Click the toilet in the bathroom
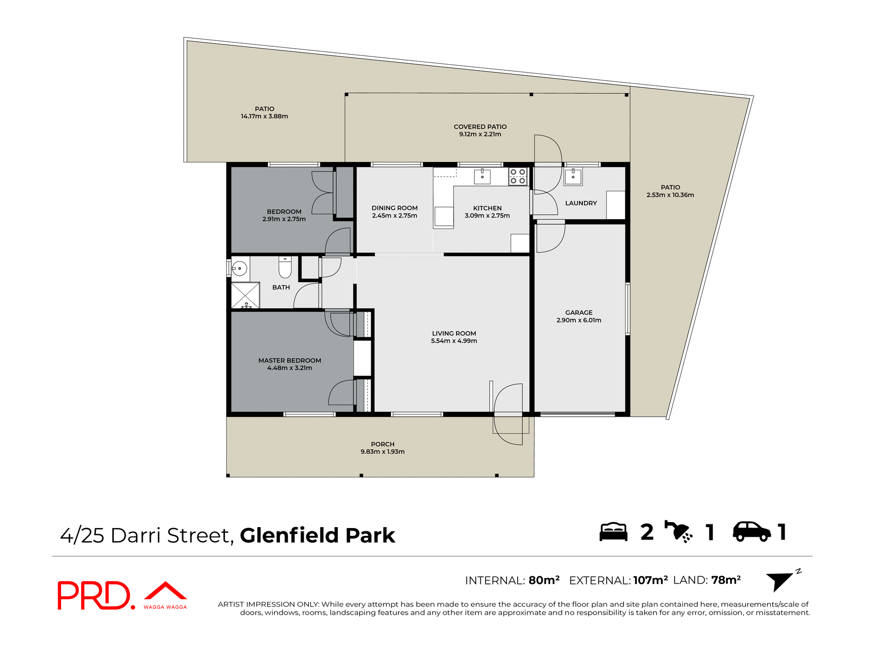click(285, 267)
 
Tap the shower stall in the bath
click(245, 296)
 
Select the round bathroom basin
click(240, 268)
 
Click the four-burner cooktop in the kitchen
click(518, 177)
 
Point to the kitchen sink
click(482, 177)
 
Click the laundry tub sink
click(573, 177)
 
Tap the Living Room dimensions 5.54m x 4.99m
click(454, 341)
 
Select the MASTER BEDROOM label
click(290, 361)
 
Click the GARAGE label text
click(579, 312)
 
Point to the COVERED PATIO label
click(480, 127)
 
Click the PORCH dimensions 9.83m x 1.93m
click(382, 452)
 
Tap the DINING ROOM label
click(395, 208)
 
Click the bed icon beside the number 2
click(613, 532)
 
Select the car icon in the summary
click(752, 532)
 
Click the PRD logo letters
click(94, 595)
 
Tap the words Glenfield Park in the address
click(317, 535)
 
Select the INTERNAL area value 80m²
click(544, 580)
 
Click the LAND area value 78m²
click(726, 580)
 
